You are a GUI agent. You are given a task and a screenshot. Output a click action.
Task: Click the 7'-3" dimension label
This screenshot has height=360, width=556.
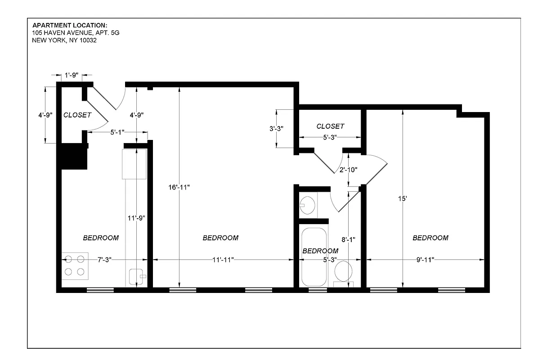pyautogui.click(x=104, y=260)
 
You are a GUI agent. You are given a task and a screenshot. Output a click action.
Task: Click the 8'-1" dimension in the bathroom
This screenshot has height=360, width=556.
pyautogui.click(x=349, y=240)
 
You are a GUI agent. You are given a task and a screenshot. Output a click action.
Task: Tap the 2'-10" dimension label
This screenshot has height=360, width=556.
pyautogui.click(x=348, y=170)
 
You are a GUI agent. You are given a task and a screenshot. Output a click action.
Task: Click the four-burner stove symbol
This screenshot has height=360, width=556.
pyautogui.click(x=75, y=265)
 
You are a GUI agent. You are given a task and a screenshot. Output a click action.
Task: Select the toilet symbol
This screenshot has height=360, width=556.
pyautogui.click(x=344, y=272)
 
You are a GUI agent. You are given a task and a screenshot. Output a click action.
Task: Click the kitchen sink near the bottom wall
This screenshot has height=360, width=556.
pyautogui.click(x=137, y=276)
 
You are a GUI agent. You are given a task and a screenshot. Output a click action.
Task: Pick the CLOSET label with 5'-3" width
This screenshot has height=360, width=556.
pyautogui.click(x=330, y=126)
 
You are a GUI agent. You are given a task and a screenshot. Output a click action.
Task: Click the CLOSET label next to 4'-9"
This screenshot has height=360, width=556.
pyautogui.click(x=77, y=115)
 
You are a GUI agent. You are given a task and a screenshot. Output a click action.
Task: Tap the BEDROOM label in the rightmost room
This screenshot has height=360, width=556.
pyautogui.click(x=430, y=238)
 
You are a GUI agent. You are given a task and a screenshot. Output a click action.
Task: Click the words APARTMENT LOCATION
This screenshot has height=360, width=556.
pyautogui.click(x=70, y=25)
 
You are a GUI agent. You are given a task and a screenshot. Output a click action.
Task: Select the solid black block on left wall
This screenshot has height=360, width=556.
pyautogui.click(x=74, y=156)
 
